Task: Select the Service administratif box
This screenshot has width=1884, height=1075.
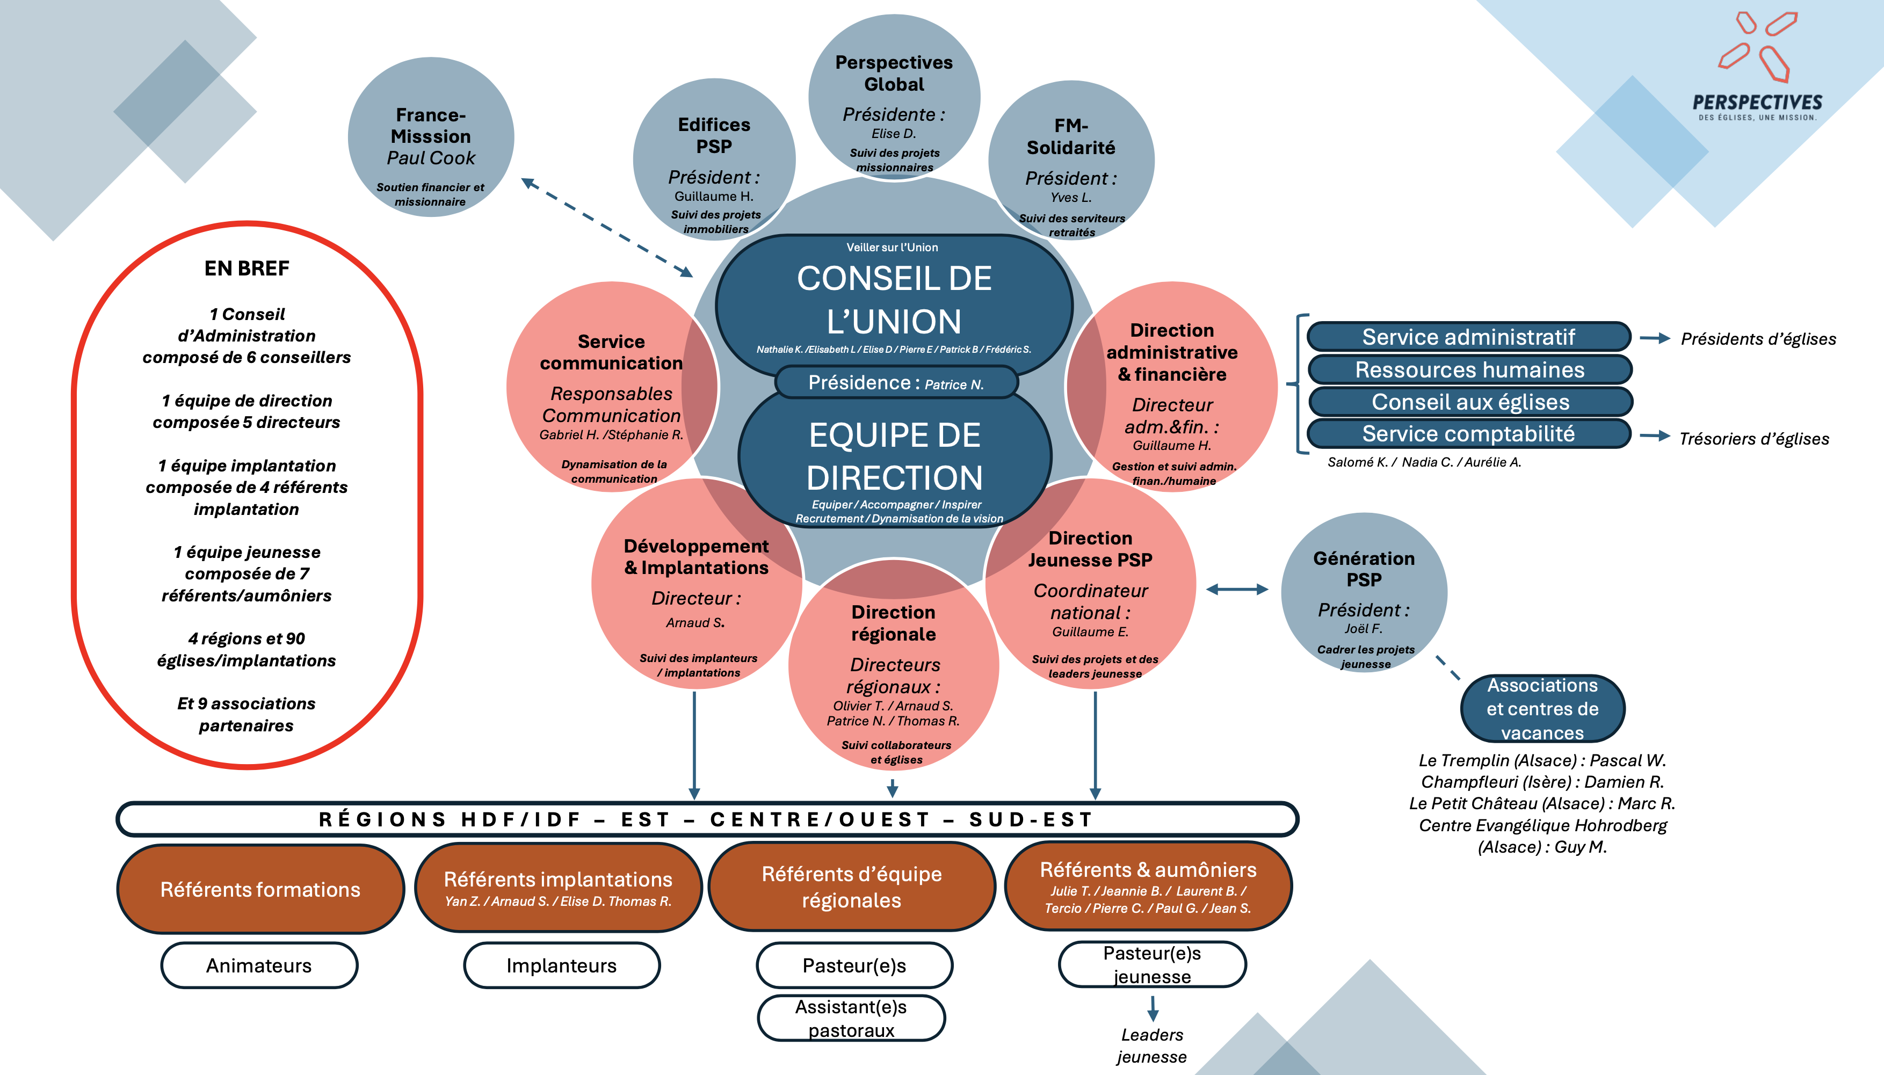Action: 1468,337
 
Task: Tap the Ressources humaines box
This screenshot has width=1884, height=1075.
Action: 1469,370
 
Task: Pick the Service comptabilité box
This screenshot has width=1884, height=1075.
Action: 1468,434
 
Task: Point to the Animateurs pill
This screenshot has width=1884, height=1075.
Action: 259,965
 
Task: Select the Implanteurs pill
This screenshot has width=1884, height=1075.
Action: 561,965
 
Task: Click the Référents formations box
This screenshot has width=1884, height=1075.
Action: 260,890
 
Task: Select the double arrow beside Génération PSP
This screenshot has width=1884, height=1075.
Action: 1237,589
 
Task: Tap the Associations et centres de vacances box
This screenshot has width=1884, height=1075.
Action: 1542,709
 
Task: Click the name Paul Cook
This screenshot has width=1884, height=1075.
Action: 431,158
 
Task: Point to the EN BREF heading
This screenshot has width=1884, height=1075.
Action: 247,268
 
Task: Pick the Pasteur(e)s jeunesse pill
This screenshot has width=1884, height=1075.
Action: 1151,965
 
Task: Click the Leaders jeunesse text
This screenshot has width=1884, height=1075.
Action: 1151,1045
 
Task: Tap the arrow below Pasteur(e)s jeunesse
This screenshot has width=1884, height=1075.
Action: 1153,1008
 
